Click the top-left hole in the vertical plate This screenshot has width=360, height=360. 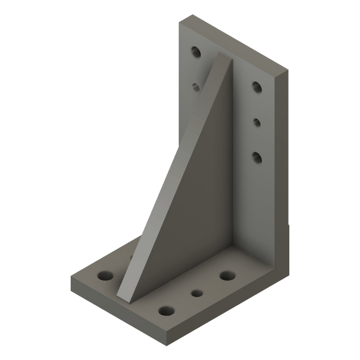pos(196,52)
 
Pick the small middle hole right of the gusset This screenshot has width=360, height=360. pos(256,122)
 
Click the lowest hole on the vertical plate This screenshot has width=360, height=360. pos(256,156)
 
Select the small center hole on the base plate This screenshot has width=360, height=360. pos(197,292)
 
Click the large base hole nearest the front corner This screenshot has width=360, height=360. pos(166,310)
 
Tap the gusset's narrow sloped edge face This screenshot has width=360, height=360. pos(168,180)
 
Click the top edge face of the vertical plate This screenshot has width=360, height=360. pos(233,43)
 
